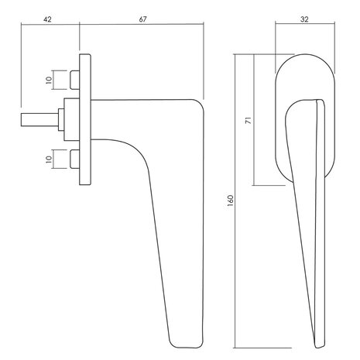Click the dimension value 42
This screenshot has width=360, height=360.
(x=47, y=19)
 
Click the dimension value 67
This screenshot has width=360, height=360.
(x=142, y=19)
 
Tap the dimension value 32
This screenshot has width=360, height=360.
(x=304, y=19)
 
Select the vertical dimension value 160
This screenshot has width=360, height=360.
(x=231, y=201)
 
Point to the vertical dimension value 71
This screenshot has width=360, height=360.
(x=249, y=120)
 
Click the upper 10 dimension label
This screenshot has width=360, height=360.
(x=49, y=80)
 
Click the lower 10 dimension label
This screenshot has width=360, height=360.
(x=49, y=159)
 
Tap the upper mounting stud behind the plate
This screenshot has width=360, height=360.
(x=74, y=80)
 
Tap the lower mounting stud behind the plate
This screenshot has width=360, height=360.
(x=74, y=159)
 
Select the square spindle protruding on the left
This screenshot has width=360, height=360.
(x=39, y=120)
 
